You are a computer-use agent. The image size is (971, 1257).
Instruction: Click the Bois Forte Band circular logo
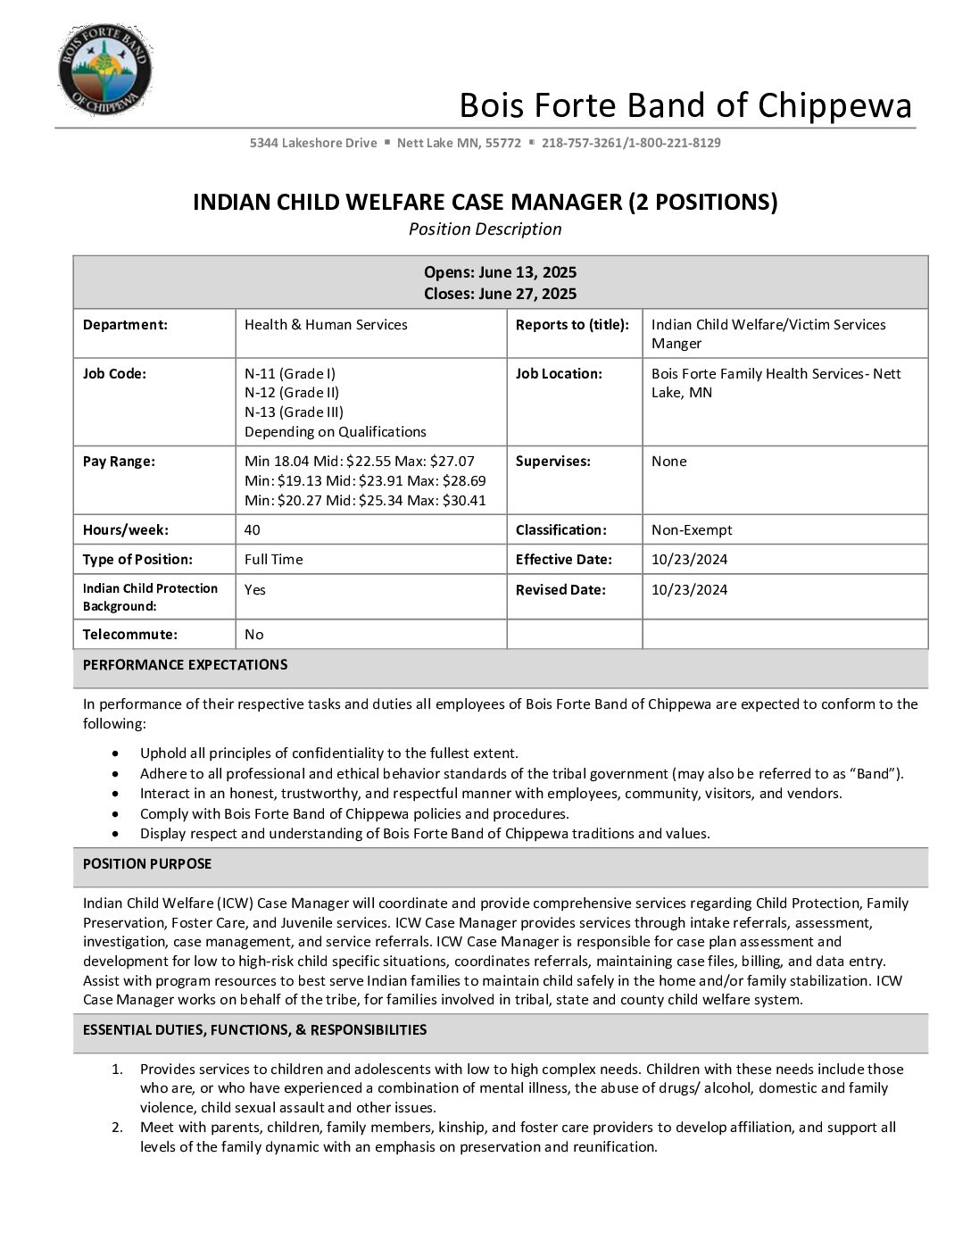[x=104, y=70]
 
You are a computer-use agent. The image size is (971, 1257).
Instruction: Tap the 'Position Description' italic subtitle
[x=485, y=229]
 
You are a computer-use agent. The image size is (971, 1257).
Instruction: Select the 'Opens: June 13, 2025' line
[x=500, y=272]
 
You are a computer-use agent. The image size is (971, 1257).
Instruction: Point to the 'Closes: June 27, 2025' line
[x=500, y=294]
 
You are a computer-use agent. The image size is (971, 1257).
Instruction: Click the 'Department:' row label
[x=125, y=325]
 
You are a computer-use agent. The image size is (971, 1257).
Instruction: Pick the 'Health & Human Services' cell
[x=326, y=325]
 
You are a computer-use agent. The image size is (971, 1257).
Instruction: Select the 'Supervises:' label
[x=552, y=462]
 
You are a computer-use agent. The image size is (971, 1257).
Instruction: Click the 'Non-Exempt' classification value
[x=692, y=530]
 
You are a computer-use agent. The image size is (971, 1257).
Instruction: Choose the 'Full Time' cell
[x=274, y=560]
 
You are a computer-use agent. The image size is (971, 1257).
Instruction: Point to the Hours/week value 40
[x=253, y=530]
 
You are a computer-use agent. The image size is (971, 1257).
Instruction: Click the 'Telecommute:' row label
[x=130, y=635]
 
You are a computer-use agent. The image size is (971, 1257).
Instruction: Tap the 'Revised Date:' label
[x=560, y=590]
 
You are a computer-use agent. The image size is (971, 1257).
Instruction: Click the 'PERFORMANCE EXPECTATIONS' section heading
[x=185, y=665]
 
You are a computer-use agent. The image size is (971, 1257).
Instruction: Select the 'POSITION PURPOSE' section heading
[x=147, y=864]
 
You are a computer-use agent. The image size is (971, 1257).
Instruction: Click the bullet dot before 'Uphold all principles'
[x=116, y=753]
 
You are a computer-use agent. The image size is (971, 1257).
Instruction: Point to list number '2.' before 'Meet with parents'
[x=117, y=1128]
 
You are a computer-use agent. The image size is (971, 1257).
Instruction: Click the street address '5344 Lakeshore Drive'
[x=313, y=143]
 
